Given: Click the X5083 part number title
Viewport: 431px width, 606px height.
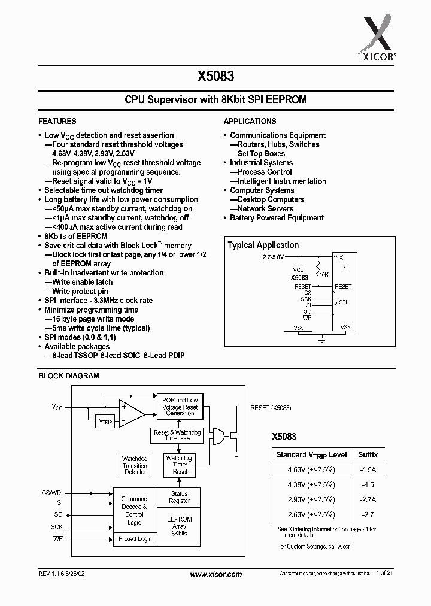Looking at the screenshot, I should point(215,76).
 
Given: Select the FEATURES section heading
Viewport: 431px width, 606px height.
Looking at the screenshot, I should point(57,120).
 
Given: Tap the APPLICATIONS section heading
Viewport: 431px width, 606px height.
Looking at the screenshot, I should point(250,120).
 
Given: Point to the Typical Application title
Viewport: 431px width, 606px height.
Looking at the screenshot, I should point(263,245).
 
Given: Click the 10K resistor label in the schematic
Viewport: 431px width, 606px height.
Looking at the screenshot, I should point(323,274).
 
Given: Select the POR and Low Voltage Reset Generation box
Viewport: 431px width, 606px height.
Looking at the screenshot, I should point(180,407).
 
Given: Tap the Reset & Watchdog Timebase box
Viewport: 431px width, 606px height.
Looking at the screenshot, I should point(177,435).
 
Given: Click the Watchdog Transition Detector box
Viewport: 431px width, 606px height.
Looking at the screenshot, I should point(135,466).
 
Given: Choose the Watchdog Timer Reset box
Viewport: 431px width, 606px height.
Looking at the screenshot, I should point(180,465).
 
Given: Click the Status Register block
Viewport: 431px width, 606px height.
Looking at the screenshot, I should point(180,497).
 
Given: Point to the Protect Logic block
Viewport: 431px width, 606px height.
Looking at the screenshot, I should point(135,539).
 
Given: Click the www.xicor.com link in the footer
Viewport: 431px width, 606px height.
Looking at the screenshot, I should point(215,574).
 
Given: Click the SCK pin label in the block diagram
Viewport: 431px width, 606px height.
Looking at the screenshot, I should point(57,526).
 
